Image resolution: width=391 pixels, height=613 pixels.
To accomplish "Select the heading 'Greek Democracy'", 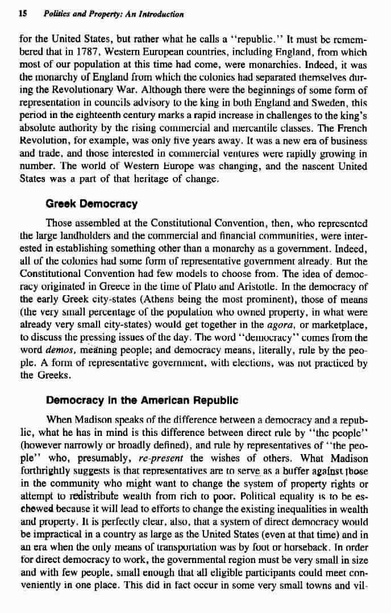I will (x=91, y=203).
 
